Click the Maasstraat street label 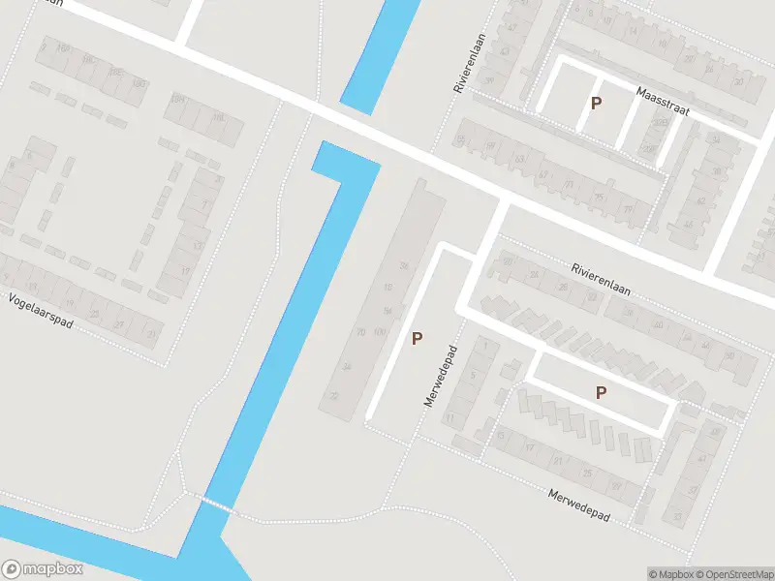(x=663, y=101)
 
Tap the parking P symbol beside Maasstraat (x=597, y=103)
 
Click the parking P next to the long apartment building (x=418, y=339)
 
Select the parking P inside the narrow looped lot (x=601, y=392)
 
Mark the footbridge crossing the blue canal (x=217, y=504)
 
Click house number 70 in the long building (x=360, y=332)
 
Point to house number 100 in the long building (x=379, y=332)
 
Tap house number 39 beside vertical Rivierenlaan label (x=490, y=80)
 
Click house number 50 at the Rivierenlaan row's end (x=729, y=354)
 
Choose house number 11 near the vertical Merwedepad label (x=449, y=417)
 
